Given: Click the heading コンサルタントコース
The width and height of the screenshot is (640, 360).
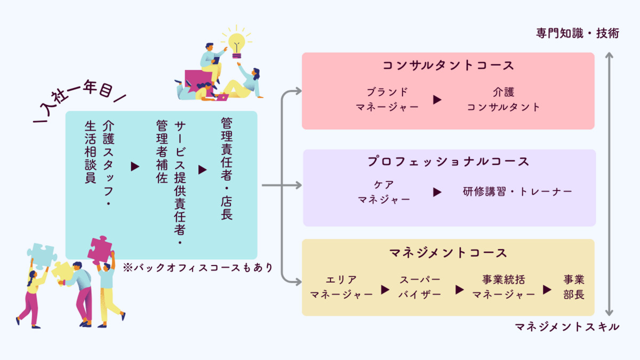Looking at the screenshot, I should click(448, 66).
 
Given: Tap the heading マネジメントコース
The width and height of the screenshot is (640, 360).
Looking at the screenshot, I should click(448, 252).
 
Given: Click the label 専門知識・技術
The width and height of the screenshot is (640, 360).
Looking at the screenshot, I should click(578, 33).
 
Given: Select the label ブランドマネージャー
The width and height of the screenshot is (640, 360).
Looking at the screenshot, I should click(387, 99).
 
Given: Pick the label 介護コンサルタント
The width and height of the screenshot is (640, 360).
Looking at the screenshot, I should click(503, 99).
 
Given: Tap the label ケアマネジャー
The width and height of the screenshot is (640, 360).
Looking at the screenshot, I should click(384, 192).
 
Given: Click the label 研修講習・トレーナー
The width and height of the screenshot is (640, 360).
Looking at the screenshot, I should click(517, 191).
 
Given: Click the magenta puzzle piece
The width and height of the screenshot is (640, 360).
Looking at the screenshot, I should click(101, 250).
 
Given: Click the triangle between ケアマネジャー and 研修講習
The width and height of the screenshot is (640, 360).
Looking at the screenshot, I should click(437, 192).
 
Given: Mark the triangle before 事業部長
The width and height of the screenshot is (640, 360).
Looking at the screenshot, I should click(547, 290).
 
